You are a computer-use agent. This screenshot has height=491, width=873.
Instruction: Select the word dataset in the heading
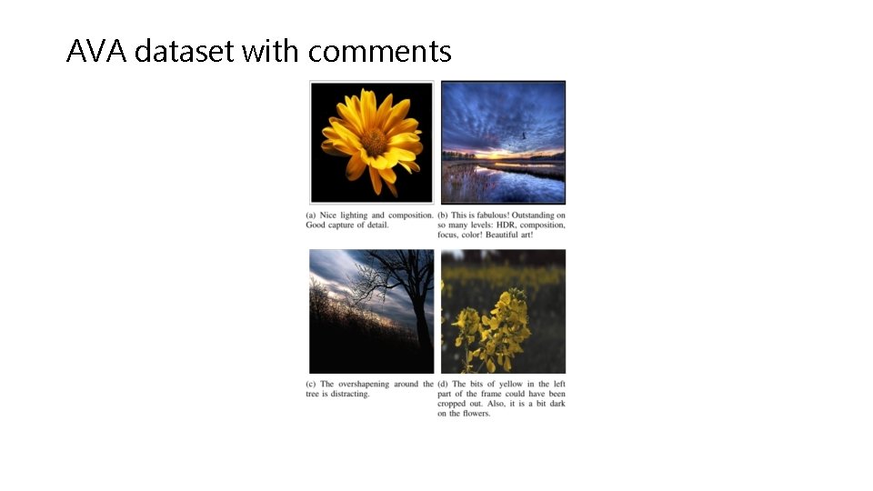coord(185,52)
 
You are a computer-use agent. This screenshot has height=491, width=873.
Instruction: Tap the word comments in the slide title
coord(379,52)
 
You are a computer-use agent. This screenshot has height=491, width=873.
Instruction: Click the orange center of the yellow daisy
coord(374,141)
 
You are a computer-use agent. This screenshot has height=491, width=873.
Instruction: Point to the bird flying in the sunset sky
coord(524,136)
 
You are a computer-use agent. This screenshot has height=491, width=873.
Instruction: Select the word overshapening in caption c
coord(366,385)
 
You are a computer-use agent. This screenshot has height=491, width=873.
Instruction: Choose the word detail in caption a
coord(376,225)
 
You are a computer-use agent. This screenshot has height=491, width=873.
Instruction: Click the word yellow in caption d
coord(508,385)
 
